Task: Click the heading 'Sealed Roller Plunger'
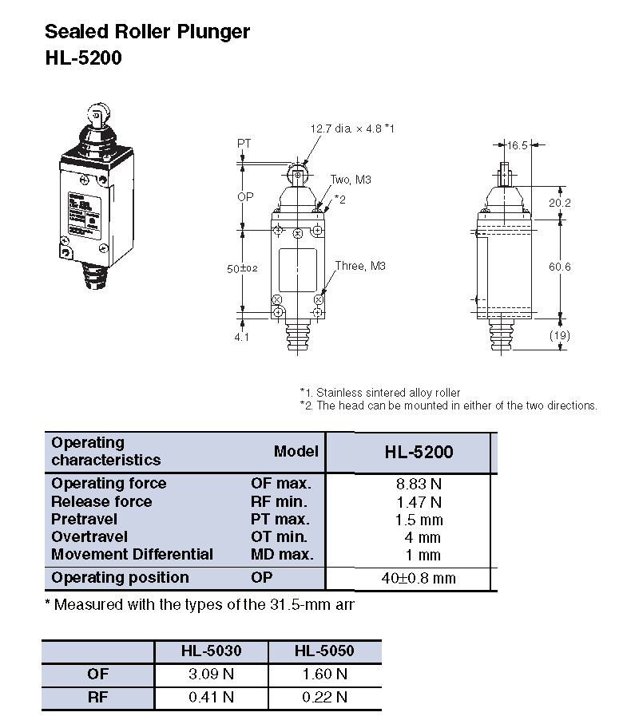(147, 32)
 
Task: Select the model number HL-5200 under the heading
(83, 58)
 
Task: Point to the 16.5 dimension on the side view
(518, 145)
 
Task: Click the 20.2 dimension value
(561, 204)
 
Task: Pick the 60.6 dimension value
(561, 267)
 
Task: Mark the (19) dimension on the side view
(560, 335)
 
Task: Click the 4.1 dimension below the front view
(241, 337)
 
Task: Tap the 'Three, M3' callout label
(360, 266)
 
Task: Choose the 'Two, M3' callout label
(351, 180)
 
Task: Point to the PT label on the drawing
(244, 144)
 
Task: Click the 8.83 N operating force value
(419, 484)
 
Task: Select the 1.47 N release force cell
(419, 502)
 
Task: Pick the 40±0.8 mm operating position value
(419, 578)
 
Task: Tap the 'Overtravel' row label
(89, 537)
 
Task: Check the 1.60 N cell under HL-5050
(324, 675)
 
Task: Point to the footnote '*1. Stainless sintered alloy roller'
(380, 393)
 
